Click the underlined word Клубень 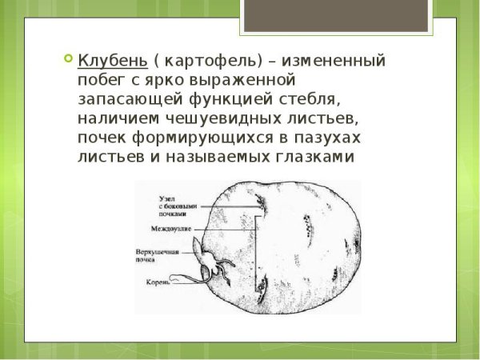(111, 62)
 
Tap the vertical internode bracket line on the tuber (258, 248)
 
